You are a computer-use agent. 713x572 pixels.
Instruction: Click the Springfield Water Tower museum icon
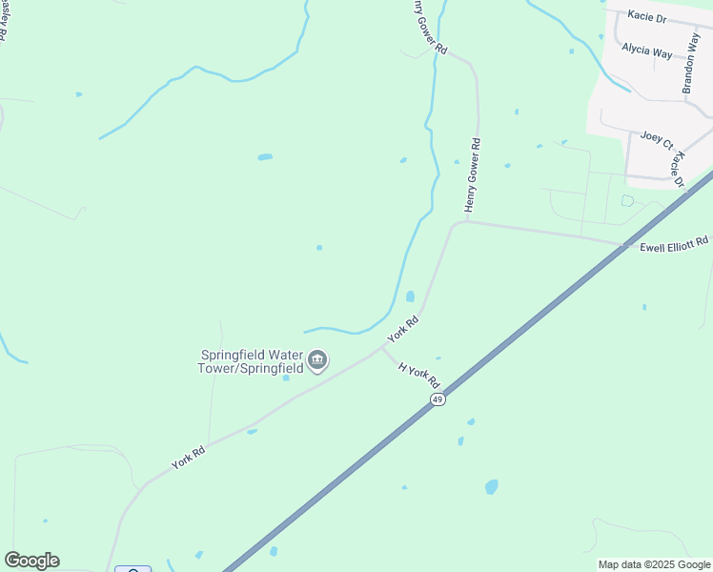pyautogui.click(x=317, y=360)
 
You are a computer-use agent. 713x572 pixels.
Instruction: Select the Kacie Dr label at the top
pyautogui.click(x=648, y=18)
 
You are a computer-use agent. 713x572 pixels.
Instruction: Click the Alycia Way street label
pyautogui.click(x=647, y=51)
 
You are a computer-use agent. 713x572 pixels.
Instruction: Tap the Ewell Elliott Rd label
pyautogui.click(x=675, y=244)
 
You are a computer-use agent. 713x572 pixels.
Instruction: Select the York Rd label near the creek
pyautogui.click(x=403, y=330)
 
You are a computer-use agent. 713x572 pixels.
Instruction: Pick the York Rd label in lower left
pyautogui.click(x=189, y=455)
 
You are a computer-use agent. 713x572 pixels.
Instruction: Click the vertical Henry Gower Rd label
pyautogui.click(x=473, y=174)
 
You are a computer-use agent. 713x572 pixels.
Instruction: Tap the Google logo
pyautogui.click(x=31, y=561)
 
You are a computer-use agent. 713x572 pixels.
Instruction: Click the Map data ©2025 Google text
pyautogui.click(x=653, y=564)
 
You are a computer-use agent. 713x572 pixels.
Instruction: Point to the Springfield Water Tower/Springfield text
pyautogui.click(x=251, y=360)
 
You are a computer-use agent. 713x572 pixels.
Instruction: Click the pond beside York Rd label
pyautogui.click(x=410, y=296)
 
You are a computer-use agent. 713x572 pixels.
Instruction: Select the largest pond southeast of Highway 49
pyautogui.click(x=491, y=486)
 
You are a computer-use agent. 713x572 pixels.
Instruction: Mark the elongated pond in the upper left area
pyautogui.click(x=265, y=156)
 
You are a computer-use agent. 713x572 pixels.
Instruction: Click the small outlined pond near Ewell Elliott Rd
pyautogui.click(x=627, y=200)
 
